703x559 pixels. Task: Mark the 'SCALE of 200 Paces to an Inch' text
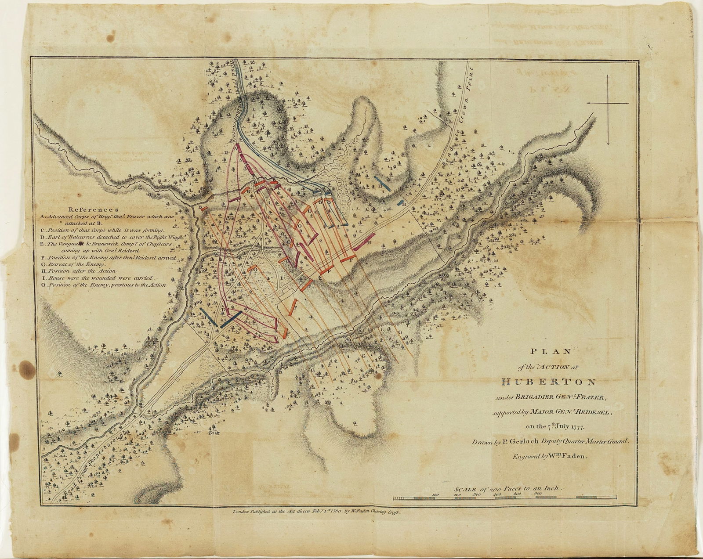pyautogui.click(x=505, y=489)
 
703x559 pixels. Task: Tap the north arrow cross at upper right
pyautogui.click(x=608, y=103)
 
